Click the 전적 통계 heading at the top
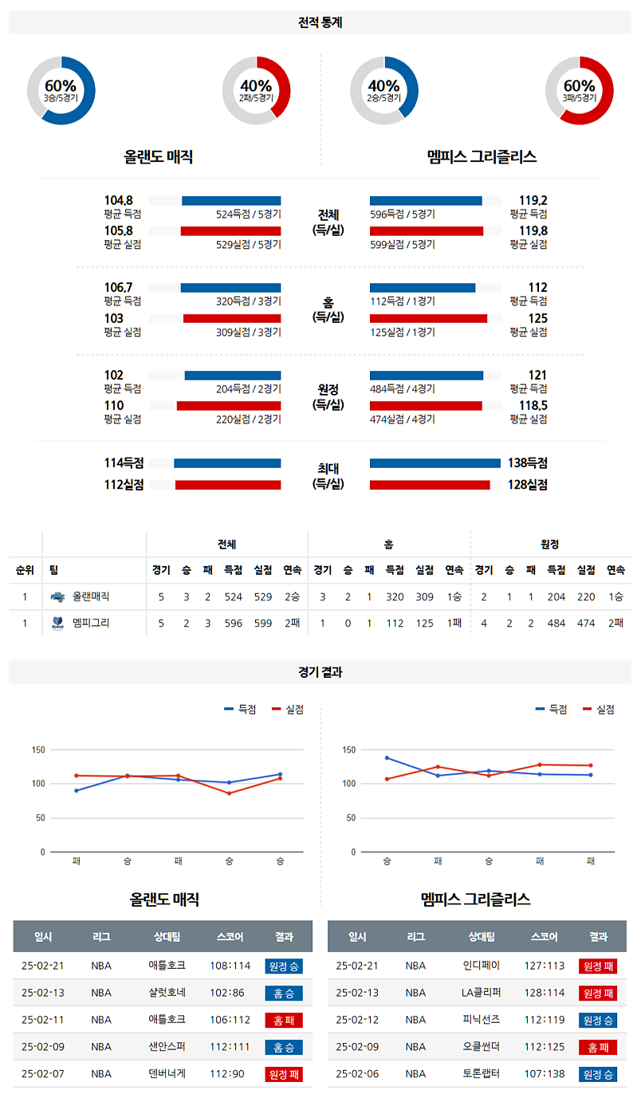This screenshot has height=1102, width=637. pyautogui.click(x=319, y=23)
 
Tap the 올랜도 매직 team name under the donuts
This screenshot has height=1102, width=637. pyautogui.click(x=159, y=157)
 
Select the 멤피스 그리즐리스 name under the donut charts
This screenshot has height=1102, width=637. pyautogui.click(x=482, y=157)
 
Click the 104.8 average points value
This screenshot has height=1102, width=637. pyautogui.click(x=118, y=200)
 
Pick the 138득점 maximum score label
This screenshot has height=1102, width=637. pyautogui.click(x=528, y=462)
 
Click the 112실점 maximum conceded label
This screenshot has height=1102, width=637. pyautogui.click(x=123, y=484)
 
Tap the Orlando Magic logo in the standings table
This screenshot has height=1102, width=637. pyautogui.click(x=57, y=596)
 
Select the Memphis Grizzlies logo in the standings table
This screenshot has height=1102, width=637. pyautogui.click(x=57, y=623)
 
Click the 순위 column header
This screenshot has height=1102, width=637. pyautogui.click(x=25, y=569)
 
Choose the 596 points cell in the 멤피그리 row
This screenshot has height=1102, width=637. pyautogui.click(x=234, y=623)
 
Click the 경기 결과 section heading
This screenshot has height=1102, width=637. pyautogui.click(x=319, y=672)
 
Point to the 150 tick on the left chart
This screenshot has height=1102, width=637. pyautogui.click(x=37, y=750)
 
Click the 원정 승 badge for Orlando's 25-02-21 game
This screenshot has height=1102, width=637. pyautogui.click(x=284, y=966)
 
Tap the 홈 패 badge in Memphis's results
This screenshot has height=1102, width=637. pyautogui.click(x=597, y=1047)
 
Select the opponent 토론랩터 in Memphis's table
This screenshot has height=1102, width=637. pyautogui.click(x=482, y=1074)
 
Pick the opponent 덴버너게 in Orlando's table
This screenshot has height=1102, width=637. pyautogui.click(x=167, y=1074)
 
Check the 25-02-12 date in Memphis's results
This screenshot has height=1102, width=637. pyautogui.click(x=357, y=1020)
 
